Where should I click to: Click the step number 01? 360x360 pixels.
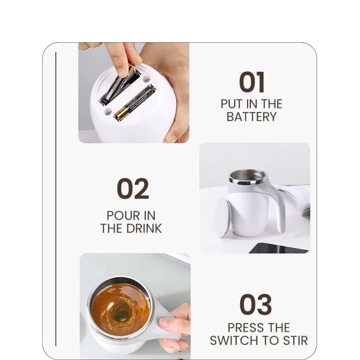252,82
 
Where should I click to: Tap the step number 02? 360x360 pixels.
133,189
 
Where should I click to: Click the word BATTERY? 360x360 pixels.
252,117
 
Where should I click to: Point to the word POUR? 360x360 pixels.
120,216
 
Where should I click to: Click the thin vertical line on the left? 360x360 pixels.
56,199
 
